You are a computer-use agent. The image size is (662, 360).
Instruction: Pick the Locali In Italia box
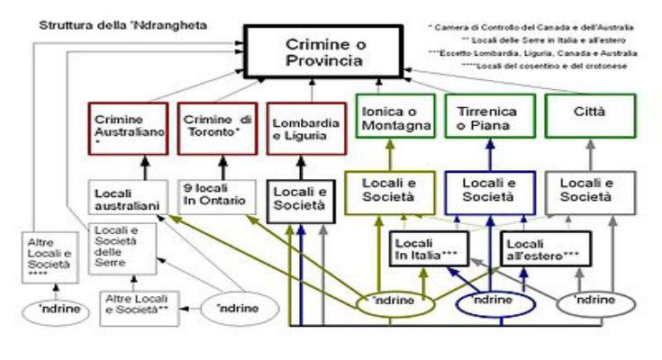tap(426, 247)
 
